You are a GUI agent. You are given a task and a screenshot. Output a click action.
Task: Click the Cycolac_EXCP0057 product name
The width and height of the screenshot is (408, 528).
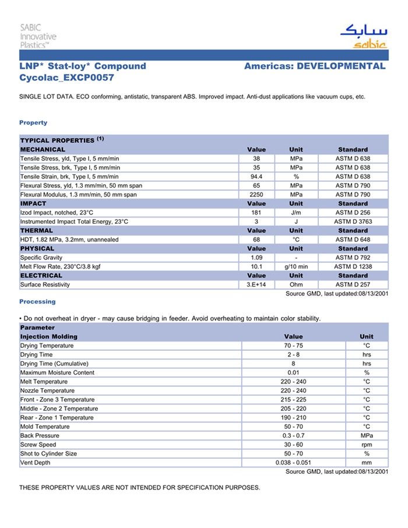[x=66, y=78]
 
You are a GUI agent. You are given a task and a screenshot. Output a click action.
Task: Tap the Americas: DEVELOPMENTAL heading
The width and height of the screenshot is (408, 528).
[x=315, y=66]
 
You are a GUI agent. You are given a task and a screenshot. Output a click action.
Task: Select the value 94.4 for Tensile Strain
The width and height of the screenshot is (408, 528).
[x=256, y=177]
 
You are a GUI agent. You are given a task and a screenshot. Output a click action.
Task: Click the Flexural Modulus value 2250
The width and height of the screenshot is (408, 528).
[x=256, y=195]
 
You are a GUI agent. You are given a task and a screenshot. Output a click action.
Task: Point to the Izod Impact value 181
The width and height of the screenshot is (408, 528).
[x=256, y=213]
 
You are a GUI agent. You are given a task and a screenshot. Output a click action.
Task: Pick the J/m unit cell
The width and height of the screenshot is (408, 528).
[x=296, y=213]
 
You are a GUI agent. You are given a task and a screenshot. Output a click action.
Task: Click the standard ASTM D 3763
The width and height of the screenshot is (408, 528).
[x=353, y=221]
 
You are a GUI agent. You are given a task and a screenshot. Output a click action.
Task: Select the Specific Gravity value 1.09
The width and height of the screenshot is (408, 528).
[x=256, y=258]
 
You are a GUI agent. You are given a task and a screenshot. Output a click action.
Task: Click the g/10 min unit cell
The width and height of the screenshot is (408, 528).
[x=296, y=266]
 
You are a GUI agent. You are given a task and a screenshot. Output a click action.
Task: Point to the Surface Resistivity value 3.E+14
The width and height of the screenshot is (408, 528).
[x=256, y=284]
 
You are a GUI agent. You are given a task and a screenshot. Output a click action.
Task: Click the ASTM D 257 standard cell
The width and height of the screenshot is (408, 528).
[x=353, y=284]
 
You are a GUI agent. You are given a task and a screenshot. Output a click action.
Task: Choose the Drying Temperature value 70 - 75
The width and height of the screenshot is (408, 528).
[x=293, y=346]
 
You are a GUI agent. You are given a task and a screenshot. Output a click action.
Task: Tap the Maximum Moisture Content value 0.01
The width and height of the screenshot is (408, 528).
[x=293, y=372]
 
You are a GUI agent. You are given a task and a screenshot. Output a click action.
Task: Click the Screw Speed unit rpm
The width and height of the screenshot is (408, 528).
[x=367, y=445]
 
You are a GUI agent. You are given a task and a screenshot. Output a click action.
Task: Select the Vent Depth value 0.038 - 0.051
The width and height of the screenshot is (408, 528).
[x=293, y=463]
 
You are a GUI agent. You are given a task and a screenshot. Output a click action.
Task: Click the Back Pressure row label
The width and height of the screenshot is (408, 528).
[x=40, y=435]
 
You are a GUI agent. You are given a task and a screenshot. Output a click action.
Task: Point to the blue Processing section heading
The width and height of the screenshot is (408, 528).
[x=37, y=301]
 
